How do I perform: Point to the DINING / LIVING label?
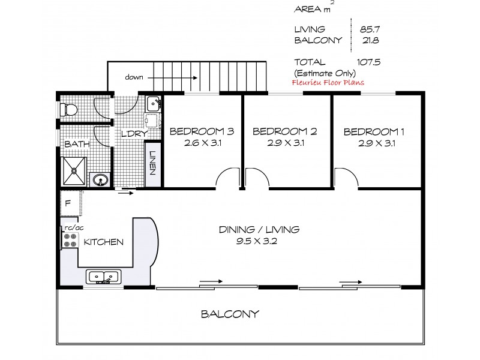[259, 229]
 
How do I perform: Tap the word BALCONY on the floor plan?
[230, 313]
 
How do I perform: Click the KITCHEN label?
[103, 242]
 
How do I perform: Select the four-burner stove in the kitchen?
[70, 240]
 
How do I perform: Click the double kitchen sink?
[103, 277]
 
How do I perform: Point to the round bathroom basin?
[98, 179]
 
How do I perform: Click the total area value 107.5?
[369, 62]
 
